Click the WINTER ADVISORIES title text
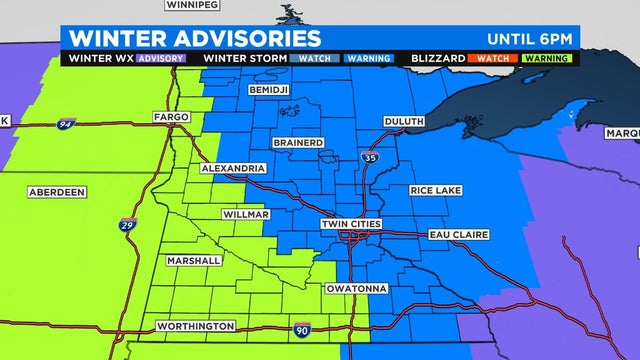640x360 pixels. (195, 38)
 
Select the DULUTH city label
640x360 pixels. (403, 122)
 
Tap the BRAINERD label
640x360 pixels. (294, 144)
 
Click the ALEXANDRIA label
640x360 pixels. (232, 168)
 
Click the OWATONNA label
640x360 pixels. (358, 288)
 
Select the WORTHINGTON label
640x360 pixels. (196, 327)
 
